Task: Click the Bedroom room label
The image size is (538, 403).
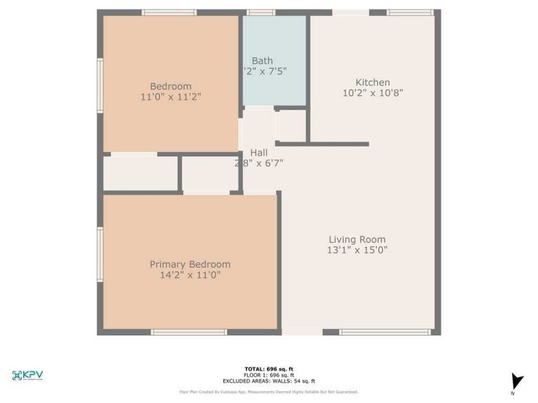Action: point(171,86)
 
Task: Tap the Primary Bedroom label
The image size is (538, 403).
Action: point(190,264)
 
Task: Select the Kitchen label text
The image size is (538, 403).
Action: point(373,82)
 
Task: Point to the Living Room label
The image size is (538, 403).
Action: point(357,239)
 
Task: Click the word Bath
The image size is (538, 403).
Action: point(262,61)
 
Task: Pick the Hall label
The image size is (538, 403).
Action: point(258,153)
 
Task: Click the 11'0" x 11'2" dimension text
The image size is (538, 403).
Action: point(171,97)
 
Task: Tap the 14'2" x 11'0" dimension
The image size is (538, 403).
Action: point(190,275)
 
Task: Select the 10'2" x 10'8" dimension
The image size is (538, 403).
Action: point(373,93)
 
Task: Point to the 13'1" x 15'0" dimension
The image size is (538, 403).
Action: point(357,250)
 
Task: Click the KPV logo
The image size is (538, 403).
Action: point(27,375)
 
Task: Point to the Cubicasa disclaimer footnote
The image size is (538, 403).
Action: point(269,392)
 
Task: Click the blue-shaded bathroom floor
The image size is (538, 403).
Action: point(274,87)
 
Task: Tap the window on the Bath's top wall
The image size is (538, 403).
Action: point(261,13)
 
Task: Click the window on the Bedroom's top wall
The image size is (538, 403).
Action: point(169,13)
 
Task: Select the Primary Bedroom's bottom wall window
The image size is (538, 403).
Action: point(189,332)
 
